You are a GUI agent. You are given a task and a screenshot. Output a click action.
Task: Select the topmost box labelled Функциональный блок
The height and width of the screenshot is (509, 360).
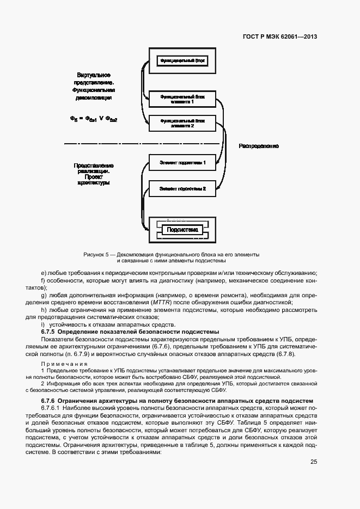tap(182, 60)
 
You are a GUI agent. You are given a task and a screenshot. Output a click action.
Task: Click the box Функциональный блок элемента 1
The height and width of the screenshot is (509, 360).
tap(182, 99)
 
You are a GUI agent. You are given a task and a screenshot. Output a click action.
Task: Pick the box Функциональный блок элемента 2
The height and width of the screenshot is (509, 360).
tap(182, 123)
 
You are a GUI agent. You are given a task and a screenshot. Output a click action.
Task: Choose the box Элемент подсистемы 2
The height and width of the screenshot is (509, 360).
tap(182, 189)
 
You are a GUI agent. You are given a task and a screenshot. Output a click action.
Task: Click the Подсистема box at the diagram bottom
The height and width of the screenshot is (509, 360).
tap(182, 230)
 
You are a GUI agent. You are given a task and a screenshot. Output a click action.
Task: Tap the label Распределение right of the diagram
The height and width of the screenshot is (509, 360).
tap(259, 146)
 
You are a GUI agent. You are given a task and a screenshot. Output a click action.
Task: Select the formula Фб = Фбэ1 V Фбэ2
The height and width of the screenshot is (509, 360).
tap(94, 119)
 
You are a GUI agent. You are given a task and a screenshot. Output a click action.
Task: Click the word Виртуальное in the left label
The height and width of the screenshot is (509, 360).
tap(94, 74)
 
